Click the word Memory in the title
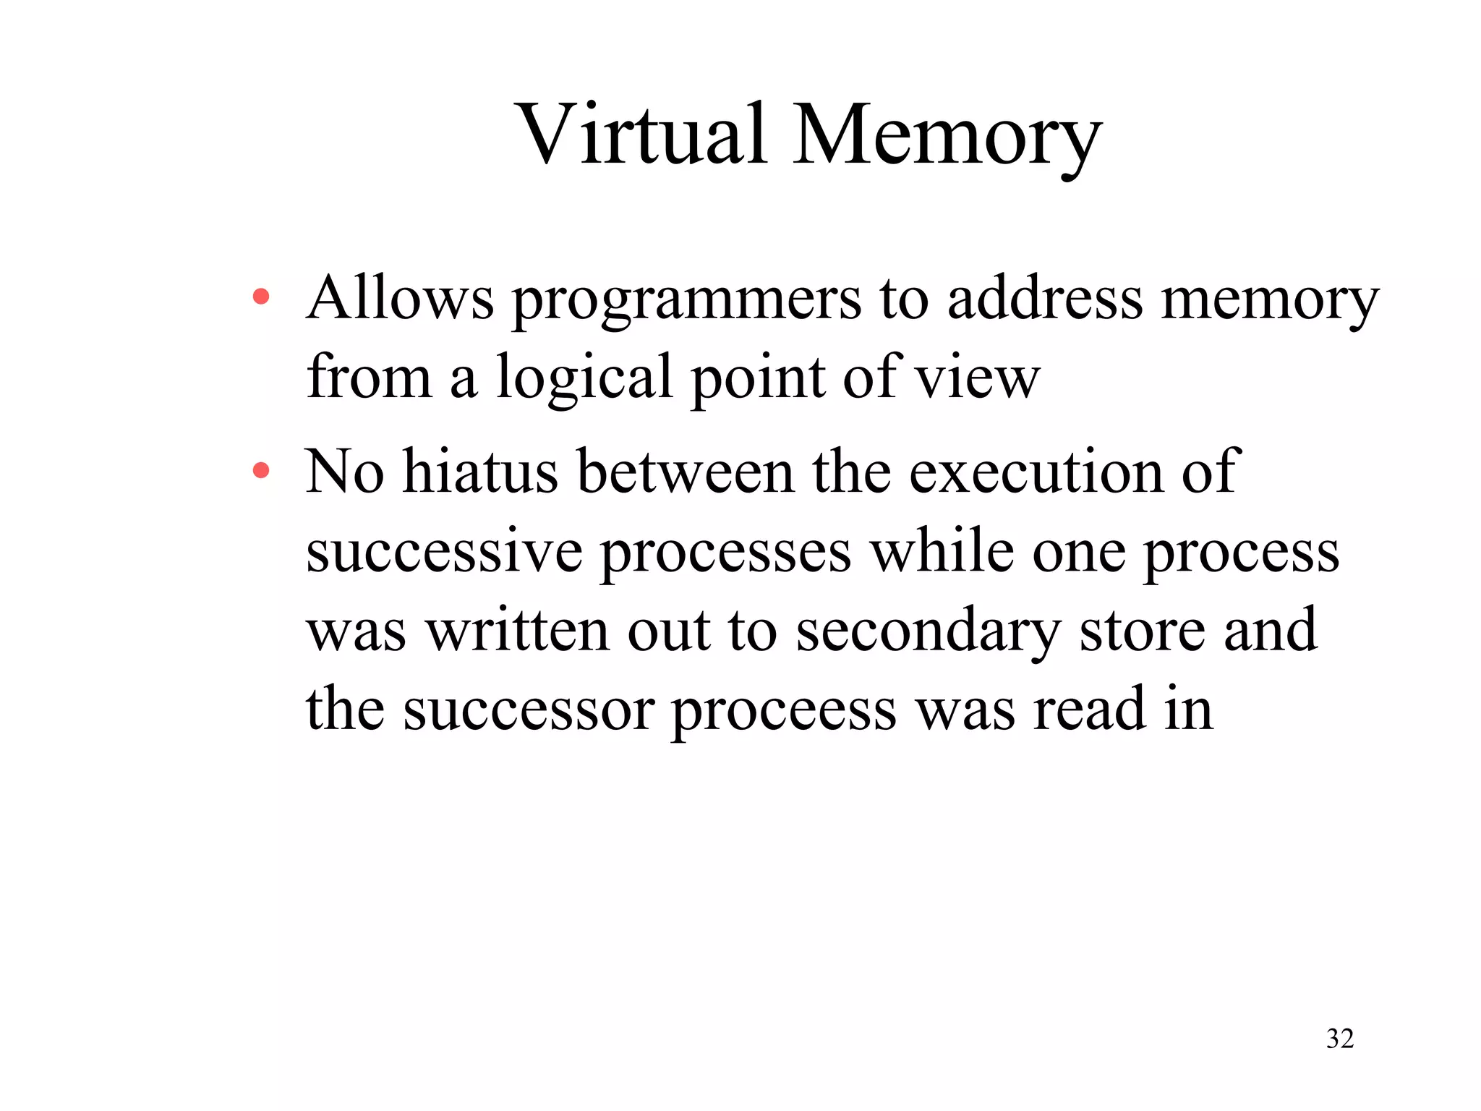pos(947,137)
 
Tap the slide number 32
pos(1340,1038)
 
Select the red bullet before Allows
pos(260,297)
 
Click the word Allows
pos(400,298)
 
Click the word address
pos(1045,298)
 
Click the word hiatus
pos(480,472)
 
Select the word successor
pos(528,710)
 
